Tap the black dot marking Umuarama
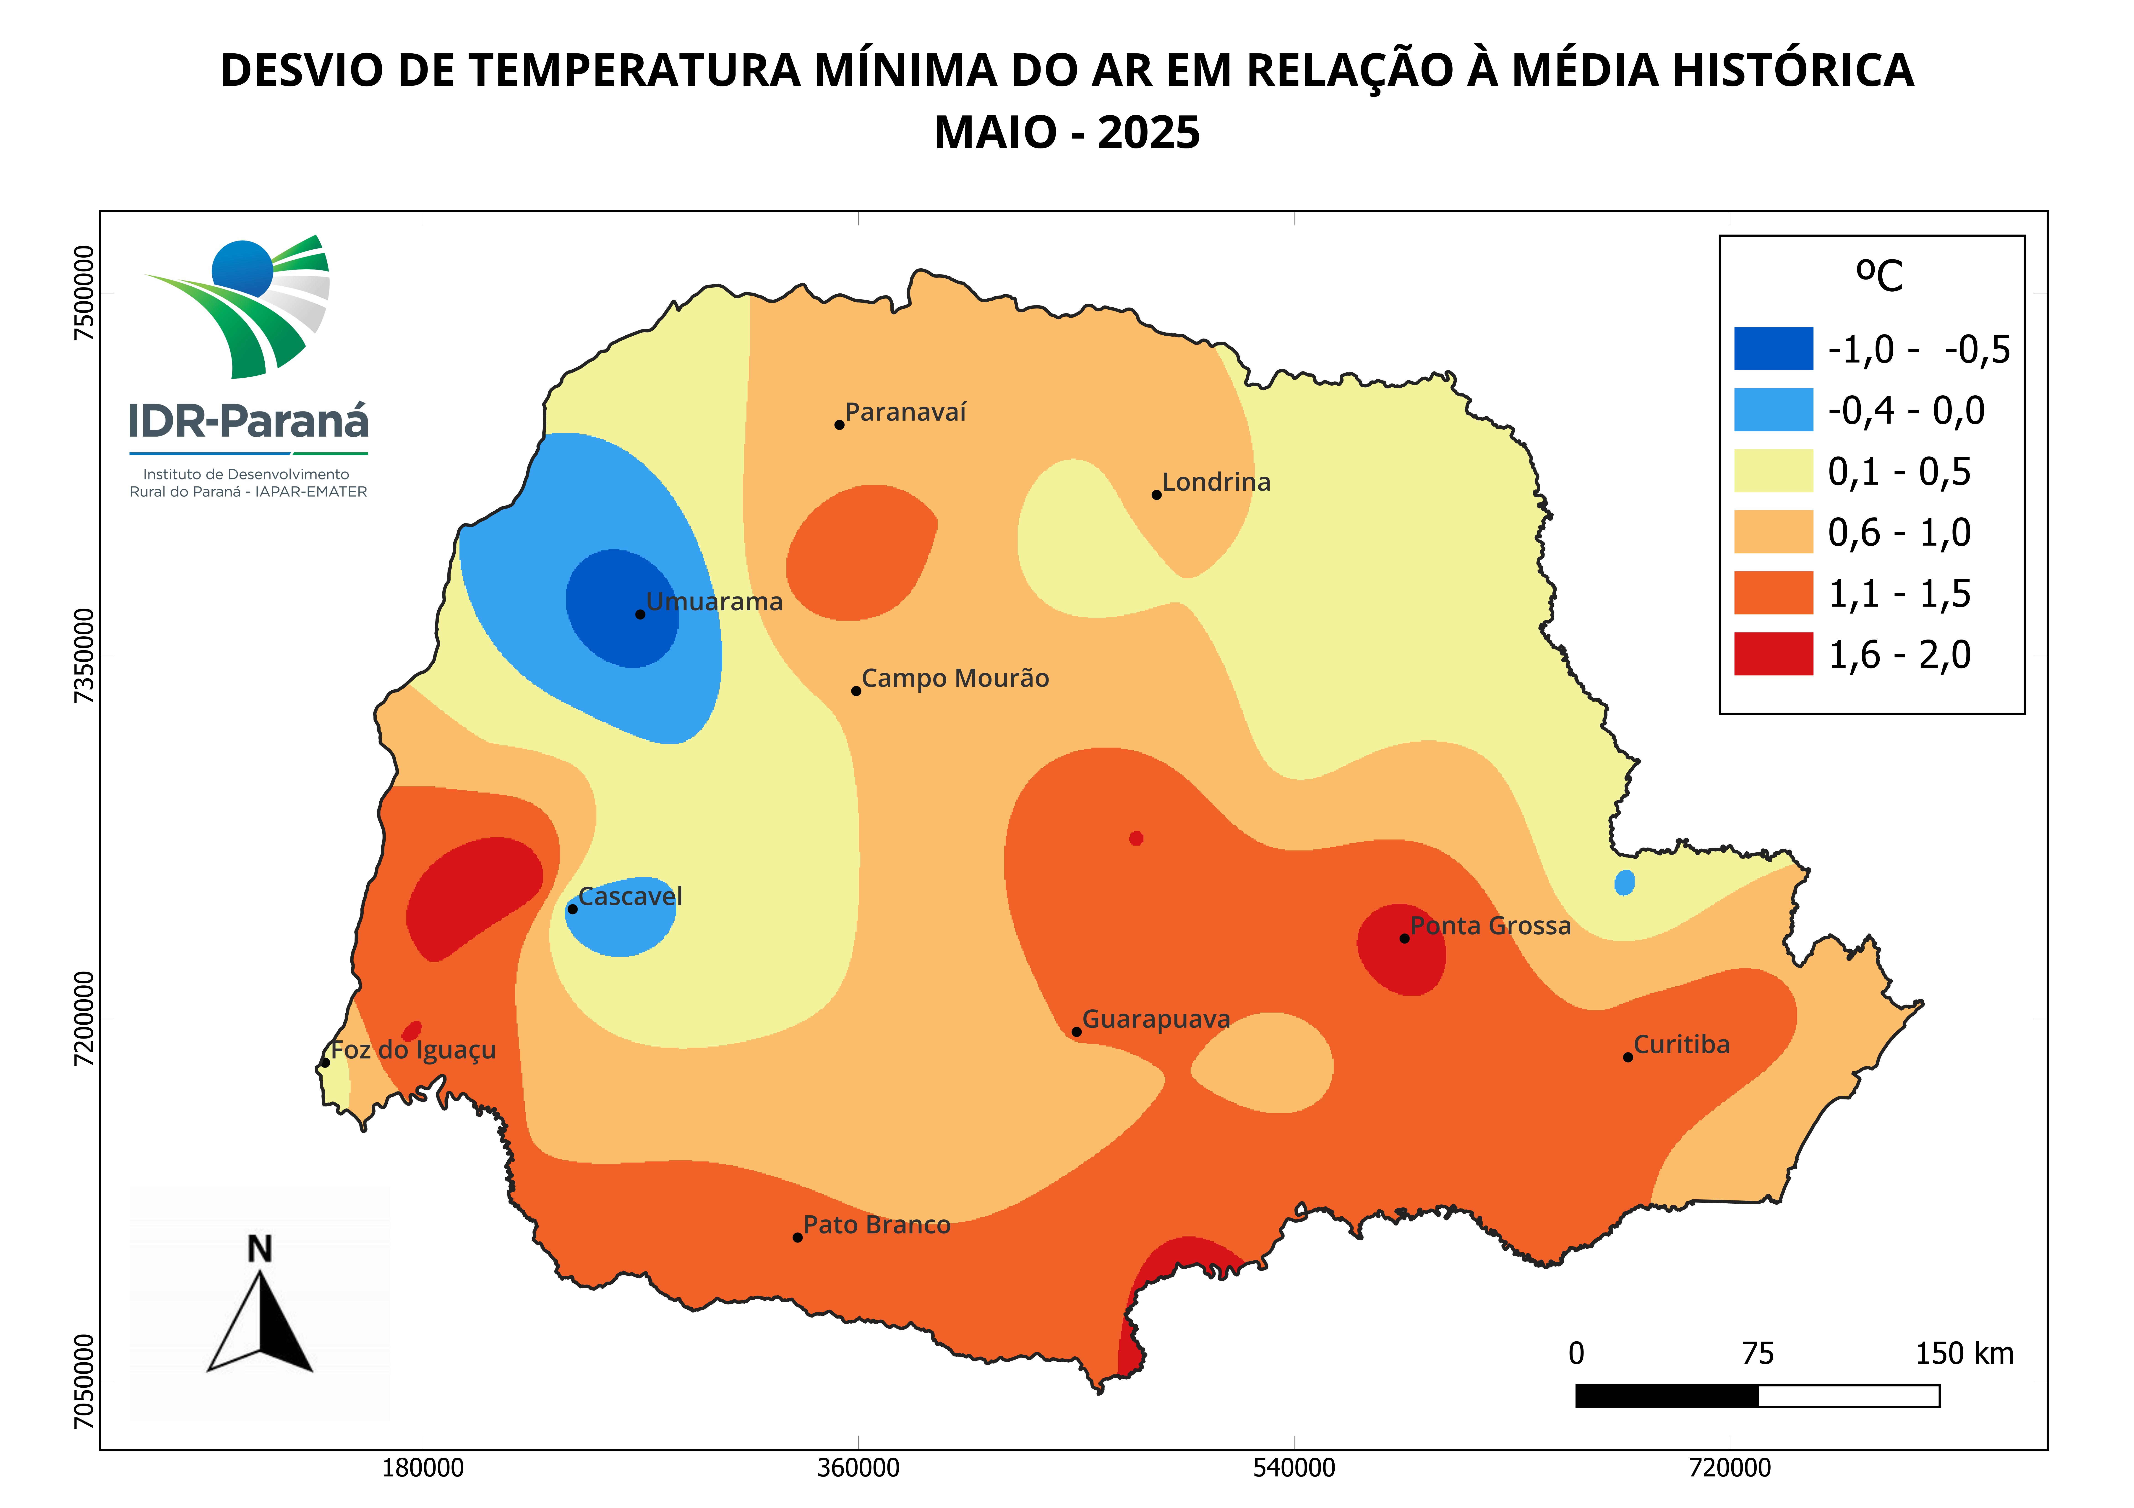coord(639,614)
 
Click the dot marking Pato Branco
coord(798,1238)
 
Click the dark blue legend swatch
coord(1772,348)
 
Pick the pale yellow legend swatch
coord(1772,471)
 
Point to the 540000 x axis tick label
coord(1294,1468)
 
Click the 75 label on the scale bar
coord(1758,1354)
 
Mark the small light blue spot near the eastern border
coord(1624,882)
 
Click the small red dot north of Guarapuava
coord(1136,838)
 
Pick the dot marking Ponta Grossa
coord(1404,938)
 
